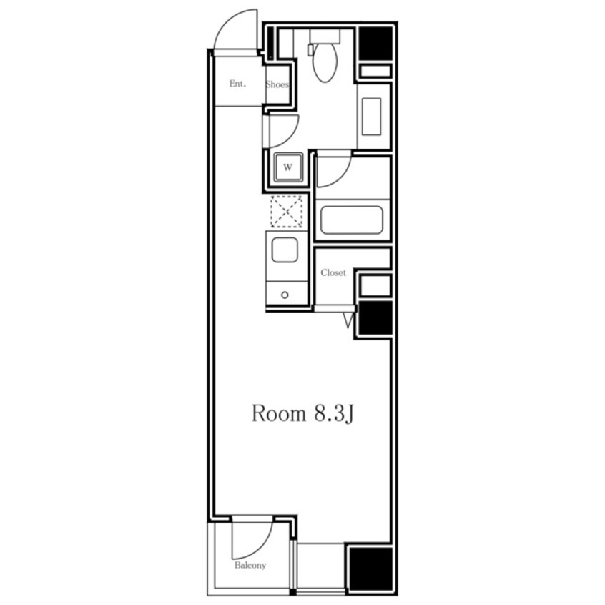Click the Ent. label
pyautogui.click(x=237, y=84)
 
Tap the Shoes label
pyautogui.click(x=277, y=84)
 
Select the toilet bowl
pyautogui.click(x=325, y=62)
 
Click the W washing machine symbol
pyautogui.click(x=288, y=167)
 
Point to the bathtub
pyautogui.click(x=352, y=220)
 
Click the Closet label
pyautogui.click(x=333, y=272)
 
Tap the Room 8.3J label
pyautogui.click(x=303, y=413)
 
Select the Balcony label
pyautogui.click(x=250, y=565)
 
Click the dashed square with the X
pyautogui.click(x=286, y=212)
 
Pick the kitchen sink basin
pyautogui.click(x=285, y=250)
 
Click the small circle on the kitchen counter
pyautogui.click(x=285, y=295)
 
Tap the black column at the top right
pyautogui.click(x=375, y=43)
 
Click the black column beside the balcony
pyautogui.click(x=370, y=569)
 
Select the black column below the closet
pyautogui.click(x=375, y=318)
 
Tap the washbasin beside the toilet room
pyautogui.click(x=371, y=117)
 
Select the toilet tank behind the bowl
pyautogui.click(x=325, y=36)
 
